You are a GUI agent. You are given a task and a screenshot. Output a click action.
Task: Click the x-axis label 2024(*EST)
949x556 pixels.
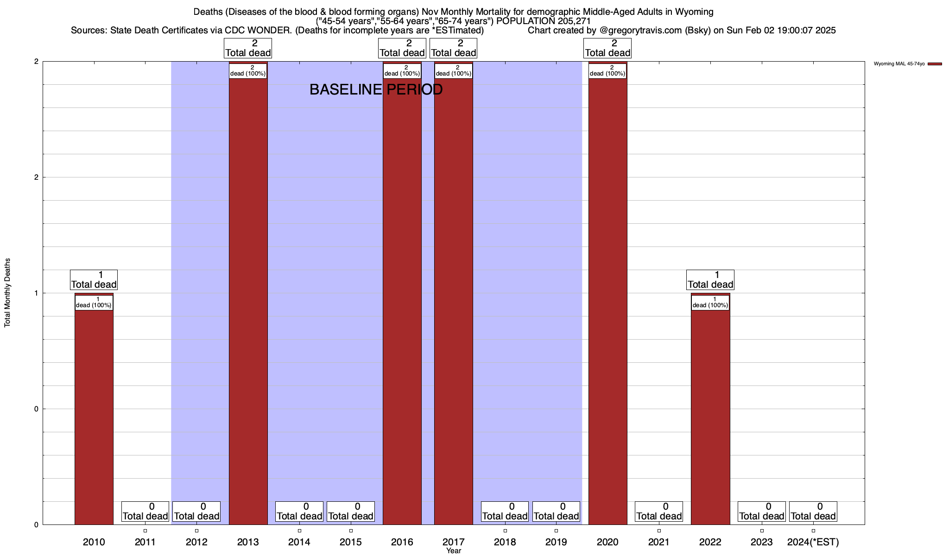coord(813,542)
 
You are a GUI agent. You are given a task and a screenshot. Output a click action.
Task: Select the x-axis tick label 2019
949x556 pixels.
coord(556,542)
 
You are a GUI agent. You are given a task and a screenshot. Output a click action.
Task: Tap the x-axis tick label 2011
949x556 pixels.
coord(145,542)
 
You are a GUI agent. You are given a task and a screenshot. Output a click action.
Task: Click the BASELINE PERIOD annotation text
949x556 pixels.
coord(376,89)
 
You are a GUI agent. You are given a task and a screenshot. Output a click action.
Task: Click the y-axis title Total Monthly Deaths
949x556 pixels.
coord(7,293)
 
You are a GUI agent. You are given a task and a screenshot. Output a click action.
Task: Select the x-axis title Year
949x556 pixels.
coord(454,551)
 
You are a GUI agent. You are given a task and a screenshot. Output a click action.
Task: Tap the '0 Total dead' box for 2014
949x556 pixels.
coord(299,512)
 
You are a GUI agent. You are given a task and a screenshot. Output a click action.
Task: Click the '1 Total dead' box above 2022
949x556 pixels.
coord(710,280)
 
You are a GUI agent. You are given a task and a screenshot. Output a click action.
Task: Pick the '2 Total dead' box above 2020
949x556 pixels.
coord(607,48)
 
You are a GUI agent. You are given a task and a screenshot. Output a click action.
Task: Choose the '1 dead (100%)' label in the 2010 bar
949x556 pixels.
coord(94,303)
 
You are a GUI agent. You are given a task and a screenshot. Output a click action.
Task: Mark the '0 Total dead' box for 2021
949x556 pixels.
coord(658,512)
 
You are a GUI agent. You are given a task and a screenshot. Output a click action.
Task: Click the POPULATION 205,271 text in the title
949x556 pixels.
coord(543,21)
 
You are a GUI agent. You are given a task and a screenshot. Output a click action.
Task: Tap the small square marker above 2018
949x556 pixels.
coord(505,531)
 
